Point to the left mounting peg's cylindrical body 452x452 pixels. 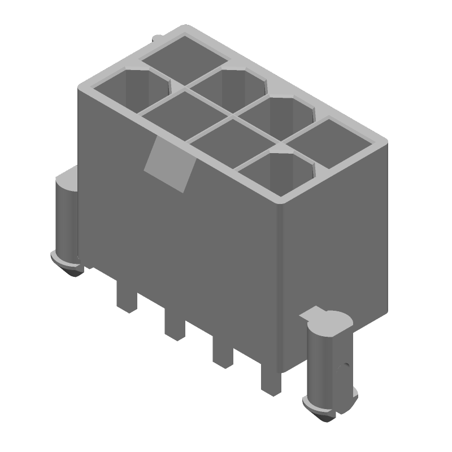point(66,218)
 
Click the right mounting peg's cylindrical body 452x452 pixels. point(325,364)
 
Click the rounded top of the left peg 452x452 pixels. point(67,180)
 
